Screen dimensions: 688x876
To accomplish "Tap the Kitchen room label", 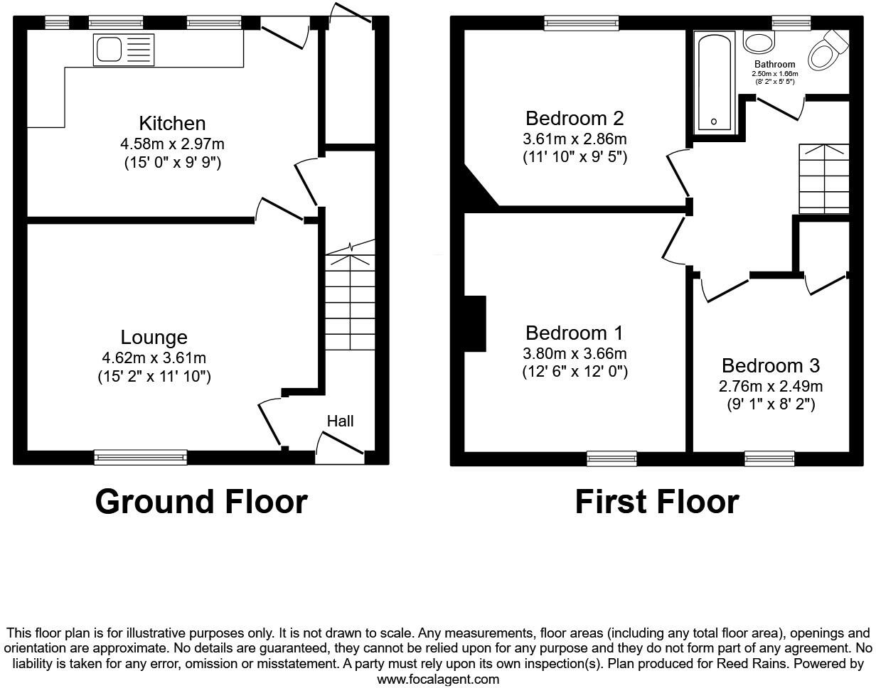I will (172, 123).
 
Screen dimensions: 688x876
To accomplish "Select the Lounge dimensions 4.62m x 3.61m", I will (154, 358).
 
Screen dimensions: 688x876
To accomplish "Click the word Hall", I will (340, 421).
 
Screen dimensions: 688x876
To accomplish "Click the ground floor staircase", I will (350, 302).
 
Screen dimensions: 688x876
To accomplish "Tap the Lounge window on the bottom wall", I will (141, 457).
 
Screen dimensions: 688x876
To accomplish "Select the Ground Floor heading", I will (201, 502).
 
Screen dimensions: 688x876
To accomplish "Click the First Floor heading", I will (656, 502).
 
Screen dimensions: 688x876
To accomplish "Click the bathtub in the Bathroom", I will (714, 82).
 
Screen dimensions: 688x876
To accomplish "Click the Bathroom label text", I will (775, 65).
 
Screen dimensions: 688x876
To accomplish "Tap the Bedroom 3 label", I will (770, 366).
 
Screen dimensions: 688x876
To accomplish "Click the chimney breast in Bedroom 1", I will (475, 323).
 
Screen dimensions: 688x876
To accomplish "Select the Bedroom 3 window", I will (769, 458).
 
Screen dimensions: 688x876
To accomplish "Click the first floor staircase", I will (824, 178).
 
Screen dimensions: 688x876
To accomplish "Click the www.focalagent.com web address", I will (437, 679).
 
